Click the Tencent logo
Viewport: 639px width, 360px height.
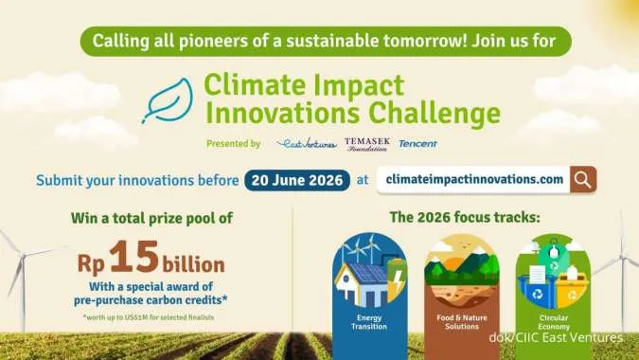417,144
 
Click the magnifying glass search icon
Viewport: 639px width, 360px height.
583,178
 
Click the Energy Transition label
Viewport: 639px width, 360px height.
368,322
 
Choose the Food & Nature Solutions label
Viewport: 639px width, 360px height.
460,322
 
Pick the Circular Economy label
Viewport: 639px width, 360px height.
551,322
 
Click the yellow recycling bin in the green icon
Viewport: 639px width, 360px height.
572,284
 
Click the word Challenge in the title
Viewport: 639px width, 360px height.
440,115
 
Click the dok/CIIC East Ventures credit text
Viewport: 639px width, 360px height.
556,338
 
